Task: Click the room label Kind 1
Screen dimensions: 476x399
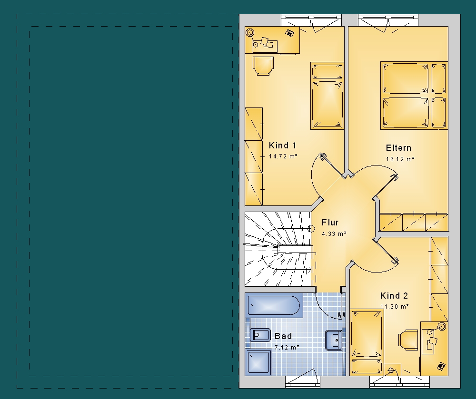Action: point(282,146)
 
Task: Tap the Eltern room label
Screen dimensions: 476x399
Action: point(398,148)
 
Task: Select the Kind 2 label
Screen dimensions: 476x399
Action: point(394,296)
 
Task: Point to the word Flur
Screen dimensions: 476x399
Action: point(330,223)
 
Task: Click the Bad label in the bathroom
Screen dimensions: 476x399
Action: point(283,336)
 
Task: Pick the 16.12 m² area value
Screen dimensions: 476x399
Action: point(400,159)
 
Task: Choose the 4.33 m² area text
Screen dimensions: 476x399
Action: point(334,234)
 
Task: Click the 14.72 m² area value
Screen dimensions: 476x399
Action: point(283,156)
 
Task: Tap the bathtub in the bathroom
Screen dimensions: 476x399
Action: point(274,305)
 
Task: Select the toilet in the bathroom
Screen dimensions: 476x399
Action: point(260,335)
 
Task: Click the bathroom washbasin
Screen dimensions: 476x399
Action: point(334,340)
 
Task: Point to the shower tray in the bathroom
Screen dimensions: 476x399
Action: point(258,362)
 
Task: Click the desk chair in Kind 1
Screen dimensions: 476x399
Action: point(263,66)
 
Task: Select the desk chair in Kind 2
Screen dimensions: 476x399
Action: point(408,340)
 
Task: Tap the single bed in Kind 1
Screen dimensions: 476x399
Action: point(327,96)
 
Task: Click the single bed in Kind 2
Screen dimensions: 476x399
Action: point(367,342)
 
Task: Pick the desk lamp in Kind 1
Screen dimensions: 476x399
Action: point(250,32)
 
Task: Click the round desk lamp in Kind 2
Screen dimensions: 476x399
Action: point(441,327)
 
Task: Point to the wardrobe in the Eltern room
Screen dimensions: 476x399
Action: point(414,222)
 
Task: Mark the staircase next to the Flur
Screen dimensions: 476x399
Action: point(278,249)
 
